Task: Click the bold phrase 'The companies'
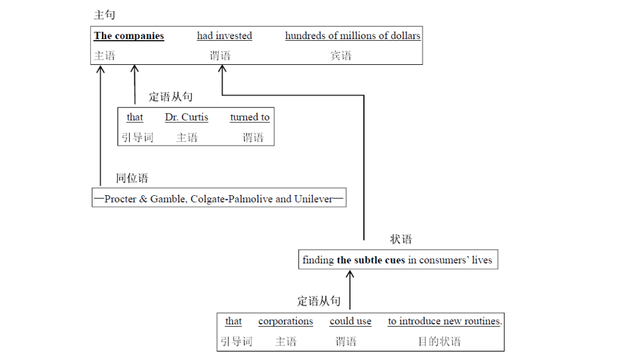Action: pos(129,36)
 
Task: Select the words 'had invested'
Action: pos(224,36)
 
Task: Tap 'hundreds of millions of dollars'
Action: pos(352,36)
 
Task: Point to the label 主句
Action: pos(104,15)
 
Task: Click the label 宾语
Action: pos(340,56)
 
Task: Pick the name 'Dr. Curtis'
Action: pos(187,117)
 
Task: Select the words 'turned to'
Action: pos(250,117)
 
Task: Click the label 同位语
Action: pos(132,178)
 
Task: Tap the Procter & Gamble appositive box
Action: pos(219,199)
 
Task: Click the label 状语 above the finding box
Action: pos(401,239)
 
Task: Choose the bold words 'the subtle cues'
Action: pos(371,260)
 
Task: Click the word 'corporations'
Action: pos(285,322)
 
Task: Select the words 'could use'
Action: pos(350,322)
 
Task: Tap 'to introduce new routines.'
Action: pos(444,322)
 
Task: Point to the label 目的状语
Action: pos(439,342)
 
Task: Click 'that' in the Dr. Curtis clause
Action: pos(135,117)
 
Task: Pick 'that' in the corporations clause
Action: pos(233,322)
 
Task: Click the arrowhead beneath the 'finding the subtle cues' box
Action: pos(350,274)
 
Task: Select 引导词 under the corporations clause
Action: pos(236,342)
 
